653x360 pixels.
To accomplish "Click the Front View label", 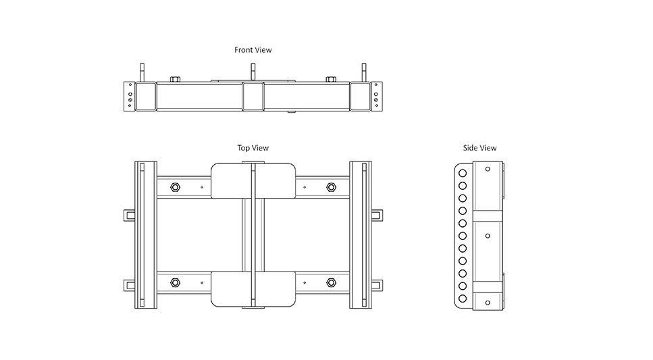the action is pyautogui.click(x=253, y=50).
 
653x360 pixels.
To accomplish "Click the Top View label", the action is pyautogui.click(x=253, y=148).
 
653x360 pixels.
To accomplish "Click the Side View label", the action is pyautogui.click(x=479, y=148).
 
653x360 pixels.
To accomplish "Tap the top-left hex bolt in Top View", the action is pyautogui.click(x=176, y=187).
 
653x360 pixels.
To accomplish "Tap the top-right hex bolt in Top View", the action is pyautogui.click(x=331, y=187).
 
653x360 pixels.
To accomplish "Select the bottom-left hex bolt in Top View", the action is pyautogui.click(x=176, y=283).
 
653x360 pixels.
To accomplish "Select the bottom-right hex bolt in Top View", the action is pyautogui.click(x=331, y=283).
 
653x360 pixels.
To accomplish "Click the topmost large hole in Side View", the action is pyautogui.click(x=463, y=173).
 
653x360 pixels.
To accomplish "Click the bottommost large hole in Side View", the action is pyautogui.click(x=463, y=299).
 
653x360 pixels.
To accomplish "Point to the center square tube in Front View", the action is pyautogui.click(x=253, y=97).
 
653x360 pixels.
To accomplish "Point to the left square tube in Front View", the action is pyautogui.click(x=145, y=97).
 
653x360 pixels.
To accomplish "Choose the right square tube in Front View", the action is pyautogui.click(x=360, y=97).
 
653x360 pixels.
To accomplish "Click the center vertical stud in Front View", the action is pyautogui.click(x=253, y=73).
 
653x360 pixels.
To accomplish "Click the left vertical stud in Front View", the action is pyautogui.click(x=142, y=73).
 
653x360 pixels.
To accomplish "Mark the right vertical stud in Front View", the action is pyautogui.click(x=363, y=73).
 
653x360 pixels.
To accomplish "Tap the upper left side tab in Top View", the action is pyautogui.click(x=130, y=215).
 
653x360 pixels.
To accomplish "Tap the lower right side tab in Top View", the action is pyautogui.click(x=377, y=286).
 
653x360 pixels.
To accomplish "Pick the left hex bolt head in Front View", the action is pyautogui.click(x=176, y=79).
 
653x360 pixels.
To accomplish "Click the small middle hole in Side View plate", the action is pyautogui.click(x=488, y=236).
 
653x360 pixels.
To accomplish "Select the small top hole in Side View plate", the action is pyautogui.click(x=488, y=169).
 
